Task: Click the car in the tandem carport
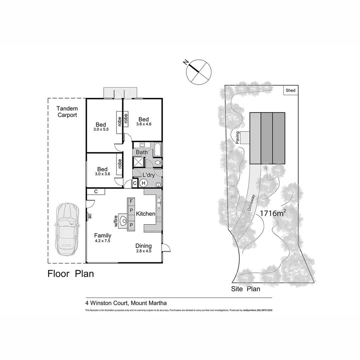[x=67, y=229]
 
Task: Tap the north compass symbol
[x=199, y=71]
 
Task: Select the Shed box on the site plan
[x=290, y=90]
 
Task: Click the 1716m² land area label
[x=272, y=214]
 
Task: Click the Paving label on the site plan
[x=238, y=137]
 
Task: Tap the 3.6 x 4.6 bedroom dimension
[x=144, y=124]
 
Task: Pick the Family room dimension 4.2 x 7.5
[x=102, y=241]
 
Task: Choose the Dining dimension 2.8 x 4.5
[x=143, y=251]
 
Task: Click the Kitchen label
[x=146, y=214]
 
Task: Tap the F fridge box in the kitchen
[x=131, y=201]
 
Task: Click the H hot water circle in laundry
[x=143, y=183]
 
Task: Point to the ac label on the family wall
[x=90, y=216]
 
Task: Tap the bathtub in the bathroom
[x=158, y=150]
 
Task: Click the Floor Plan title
[x=71, y=274]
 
